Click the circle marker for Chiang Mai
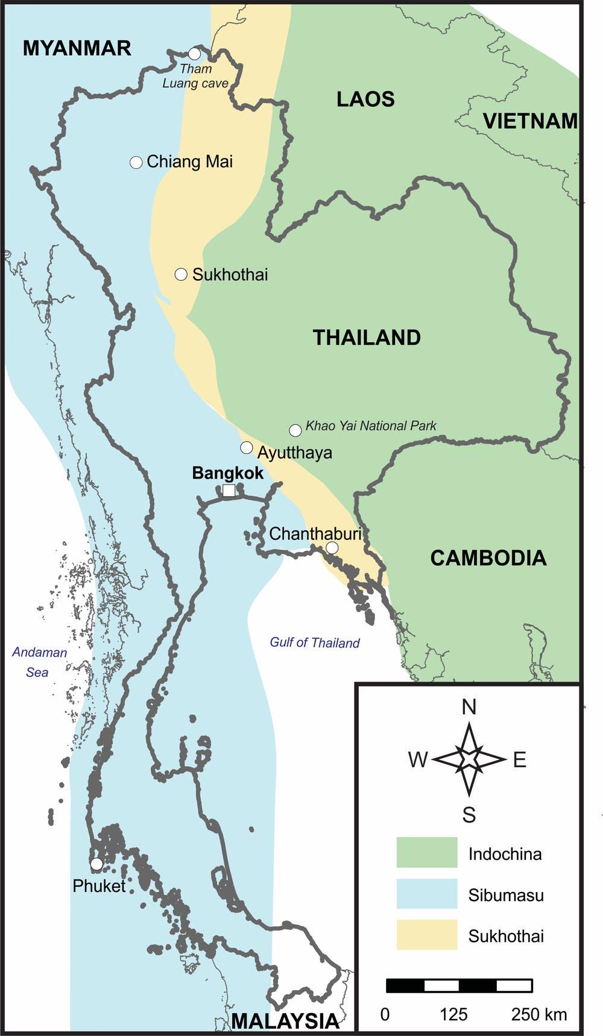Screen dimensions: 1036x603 [136, 162]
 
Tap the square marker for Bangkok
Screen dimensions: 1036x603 [229, 491]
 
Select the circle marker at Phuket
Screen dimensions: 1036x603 [96, 864]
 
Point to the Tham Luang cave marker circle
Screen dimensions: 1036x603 [194, 54]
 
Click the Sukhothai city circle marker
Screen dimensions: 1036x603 [181, 275]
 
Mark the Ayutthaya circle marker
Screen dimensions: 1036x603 [246, 448]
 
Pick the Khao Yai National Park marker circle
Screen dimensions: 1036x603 [295, 430]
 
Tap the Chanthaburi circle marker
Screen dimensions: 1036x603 [332, 547]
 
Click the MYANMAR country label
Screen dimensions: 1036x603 [77, 48]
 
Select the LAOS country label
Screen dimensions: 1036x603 [365, 99]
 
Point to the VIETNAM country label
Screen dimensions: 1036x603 [530, 121]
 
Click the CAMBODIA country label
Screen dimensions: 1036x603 [488, 558]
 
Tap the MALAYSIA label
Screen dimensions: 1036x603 [285, 1021]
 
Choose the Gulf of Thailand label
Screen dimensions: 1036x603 [314, 642]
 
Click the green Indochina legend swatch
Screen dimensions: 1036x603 [427, 852]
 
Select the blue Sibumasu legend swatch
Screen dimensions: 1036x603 [427, 894]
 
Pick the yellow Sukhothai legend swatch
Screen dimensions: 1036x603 [427, 935]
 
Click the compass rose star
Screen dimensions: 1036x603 [469, 759]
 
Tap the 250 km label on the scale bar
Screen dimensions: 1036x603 [539, 1014]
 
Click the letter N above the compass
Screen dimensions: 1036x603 [469, 707]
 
